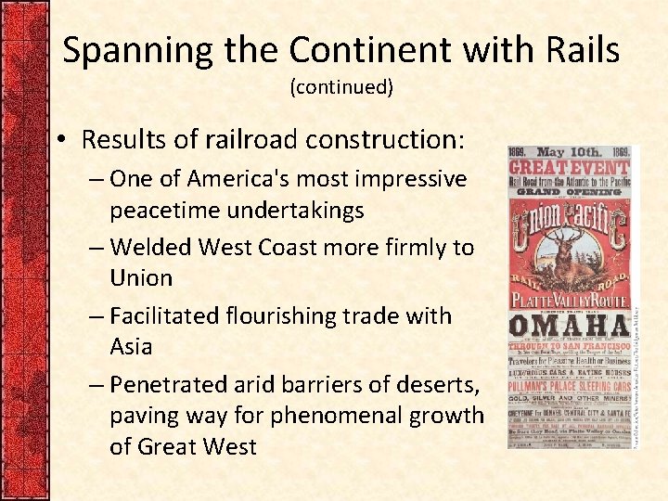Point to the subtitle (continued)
point(341,87)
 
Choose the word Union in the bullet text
point(141,277)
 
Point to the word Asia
point(131,346)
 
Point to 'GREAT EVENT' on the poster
point(568,168)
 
